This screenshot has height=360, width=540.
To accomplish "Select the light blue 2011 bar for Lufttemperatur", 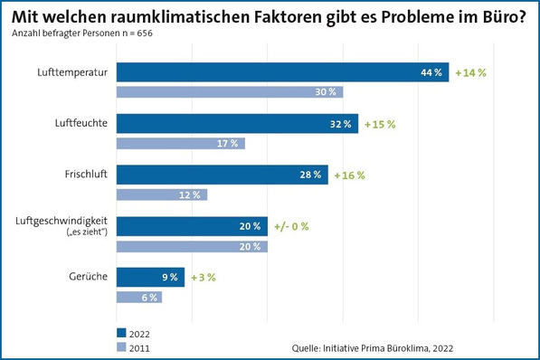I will click(230, 91).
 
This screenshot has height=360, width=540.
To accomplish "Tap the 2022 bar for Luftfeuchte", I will click(238, 124).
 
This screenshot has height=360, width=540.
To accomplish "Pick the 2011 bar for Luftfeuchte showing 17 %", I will click(181, 143).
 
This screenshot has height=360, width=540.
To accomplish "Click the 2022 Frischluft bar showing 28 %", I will click(223, 175).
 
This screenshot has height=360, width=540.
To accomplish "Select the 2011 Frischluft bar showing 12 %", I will click(162, 194).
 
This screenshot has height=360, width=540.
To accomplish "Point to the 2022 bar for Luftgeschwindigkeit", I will click(193, 226).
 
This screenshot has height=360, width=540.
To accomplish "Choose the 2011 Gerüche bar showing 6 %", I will click(139, 297).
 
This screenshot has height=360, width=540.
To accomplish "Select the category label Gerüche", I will click(88, 278).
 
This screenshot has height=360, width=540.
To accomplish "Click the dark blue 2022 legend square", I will click(121, 331).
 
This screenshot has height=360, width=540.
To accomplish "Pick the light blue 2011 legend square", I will click(121, 345).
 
